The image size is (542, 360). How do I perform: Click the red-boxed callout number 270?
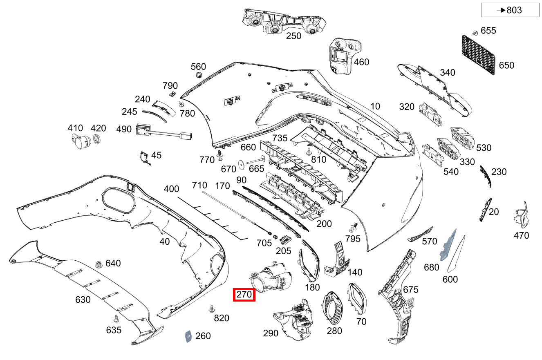point(244,295)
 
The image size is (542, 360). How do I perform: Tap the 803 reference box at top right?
point(510,10)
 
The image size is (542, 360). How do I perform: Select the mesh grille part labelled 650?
point(478,55)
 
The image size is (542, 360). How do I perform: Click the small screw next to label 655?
point(475,32)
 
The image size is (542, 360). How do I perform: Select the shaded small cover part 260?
point(188,336)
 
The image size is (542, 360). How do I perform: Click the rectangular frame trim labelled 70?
point(358,298)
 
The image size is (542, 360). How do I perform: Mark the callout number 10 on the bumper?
point(375,106)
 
